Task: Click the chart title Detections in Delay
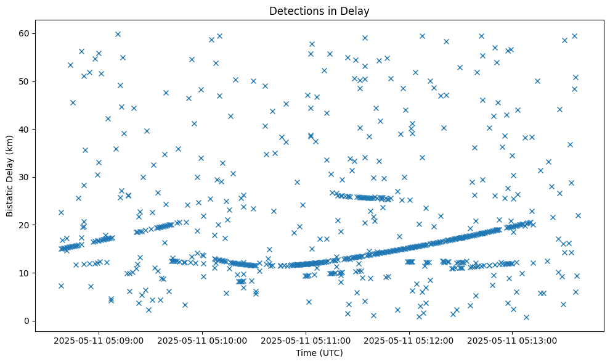pyautogui.click(x=319, y=10)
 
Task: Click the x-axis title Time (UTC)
pyautogui.click(x=319, y=353)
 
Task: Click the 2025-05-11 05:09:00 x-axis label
pyautogui.click(x=99, y=340)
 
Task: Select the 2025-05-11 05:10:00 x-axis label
pyautogui.click(x=202, y=340)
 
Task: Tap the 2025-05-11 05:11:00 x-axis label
pyautogui.click(x=306, y=340)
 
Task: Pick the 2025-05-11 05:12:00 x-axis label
pyautogui.click(x=409, y=340)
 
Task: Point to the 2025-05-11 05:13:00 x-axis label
pyautogui.click(x=513, y=340)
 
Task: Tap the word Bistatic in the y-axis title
pyautogui.click(x=10, y=197)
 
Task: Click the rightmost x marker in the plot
pyautogui.click(x=578, y=215)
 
